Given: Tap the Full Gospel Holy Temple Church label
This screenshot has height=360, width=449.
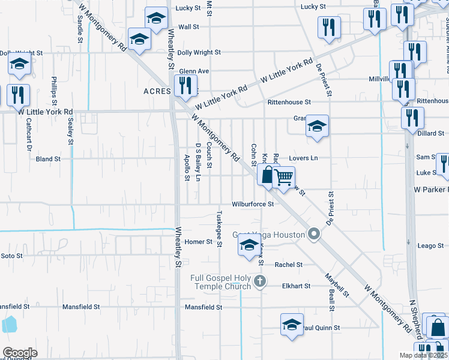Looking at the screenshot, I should click(220, 282).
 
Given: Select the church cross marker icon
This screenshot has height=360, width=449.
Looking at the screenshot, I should click(259, 281).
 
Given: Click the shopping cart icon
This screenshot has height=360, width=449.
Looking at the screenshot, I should click(283, 177).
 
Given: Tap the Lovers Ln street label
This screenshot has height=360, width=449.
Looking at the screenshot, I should click(303, 158).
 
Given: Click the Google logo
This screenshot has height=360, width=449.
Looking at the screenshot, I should click(20, 353).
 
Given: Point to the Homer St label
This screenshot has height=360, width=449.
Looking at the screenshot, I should click(199, 242).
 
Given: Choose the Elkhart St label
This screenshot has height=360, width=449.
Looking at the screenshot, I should click(297, 286).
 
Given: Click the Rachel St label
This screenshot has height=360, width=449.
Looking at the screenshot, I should click(289, 265).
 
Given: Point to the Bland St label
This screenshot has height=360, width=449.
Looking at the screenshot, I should click(49, 159).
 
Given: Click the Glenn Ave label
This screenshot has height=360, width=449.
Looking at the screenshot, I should click(193, 71).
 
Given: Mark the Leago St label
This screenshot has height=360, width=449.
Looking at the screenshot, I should click(430, 246).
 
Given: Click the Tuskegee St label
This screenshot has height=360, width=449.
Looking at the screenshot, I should click(219, 229).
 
